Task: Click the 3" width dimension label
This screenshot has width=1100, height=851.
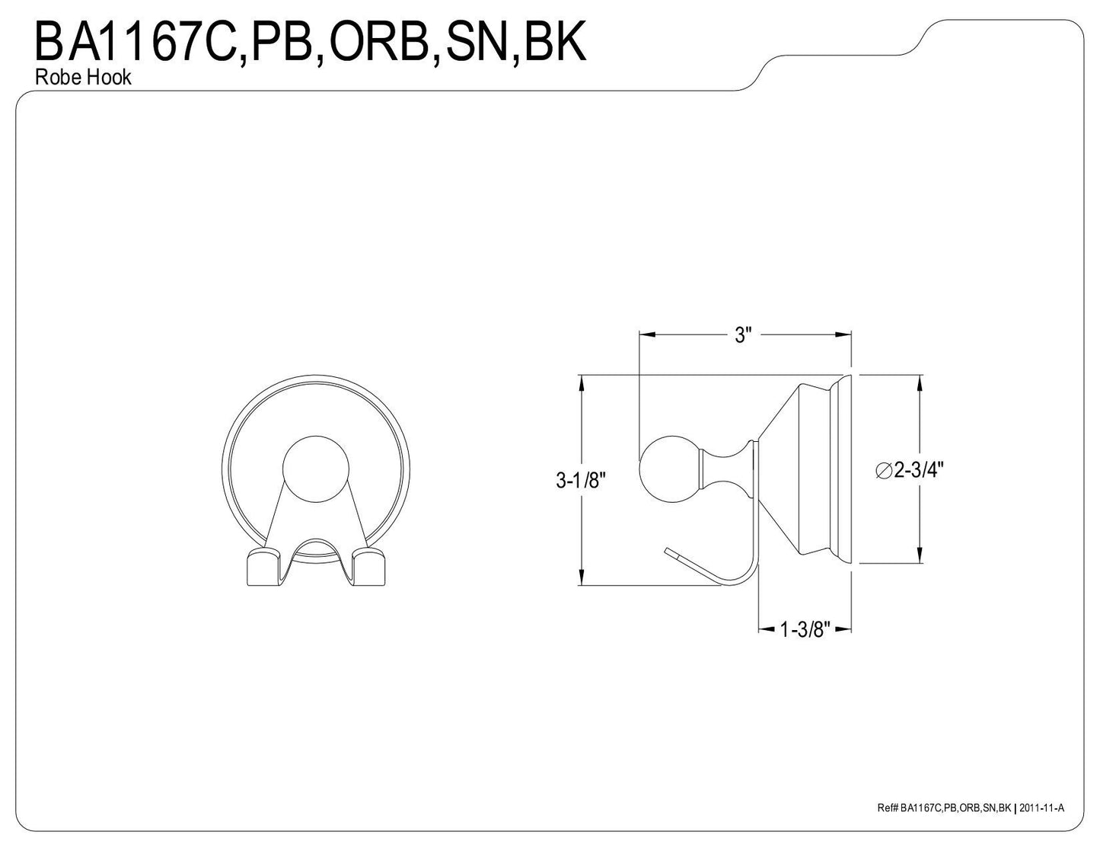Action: click(x=743, y=336)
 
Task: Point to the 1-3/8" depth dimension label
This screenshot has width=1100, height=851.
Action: click(x=804, y=629)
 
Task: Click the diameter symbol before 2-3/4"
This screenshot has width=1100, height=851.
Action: click(x=884, y=471)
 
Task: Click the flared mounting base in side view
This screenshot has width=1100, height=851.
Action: click(x=807, y=470)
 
